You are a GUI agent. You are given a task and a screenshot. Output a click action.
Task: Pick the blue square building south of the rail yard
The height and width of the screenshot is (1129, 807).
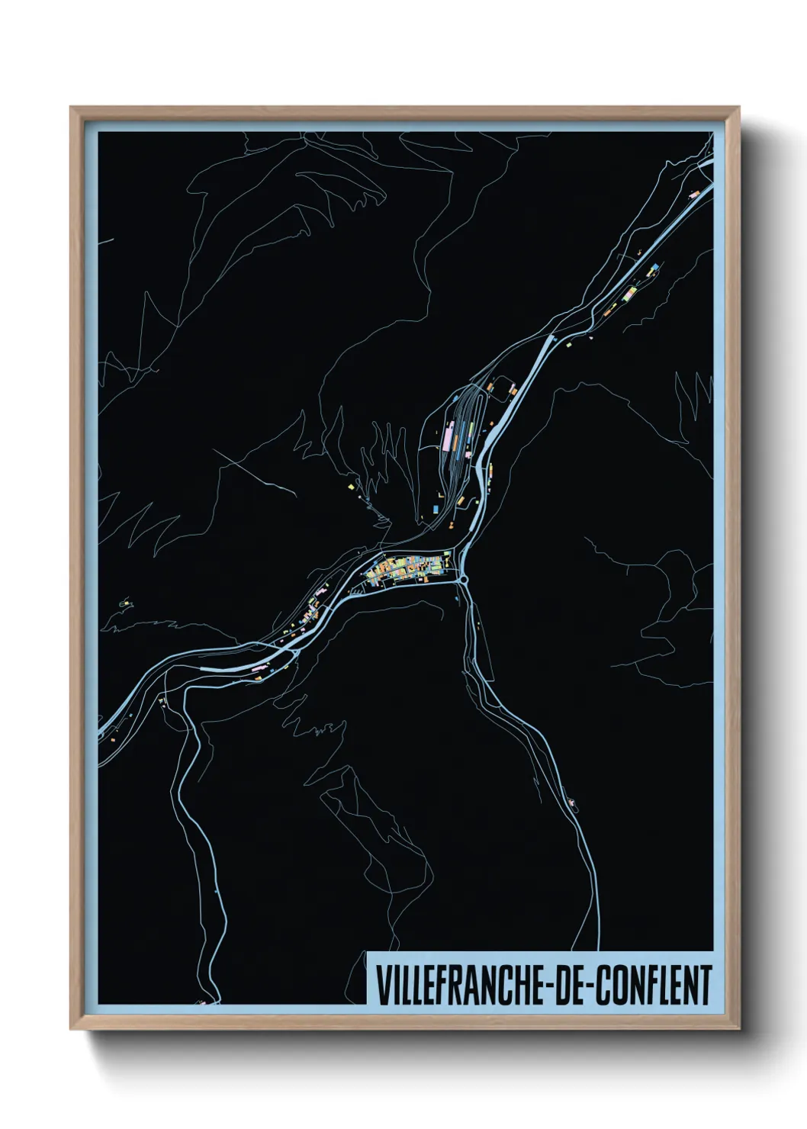(436, 506)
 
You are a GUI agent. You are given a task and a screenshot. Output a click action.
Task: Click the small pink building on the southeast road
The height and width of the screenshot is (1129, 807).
(571, 800)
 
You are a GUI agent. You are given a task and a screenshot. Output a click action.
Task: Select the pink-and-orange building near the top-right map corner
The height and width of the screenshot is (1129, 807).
(694, 194)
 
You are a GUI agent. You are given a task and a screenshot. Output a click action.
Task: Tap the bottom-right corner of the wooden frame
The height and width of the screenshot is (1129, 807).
(738, 1028)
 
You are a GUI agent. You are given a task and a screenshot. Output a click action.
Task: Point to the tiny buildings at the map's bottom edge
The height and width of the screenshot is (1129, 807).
(204, 1002)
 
